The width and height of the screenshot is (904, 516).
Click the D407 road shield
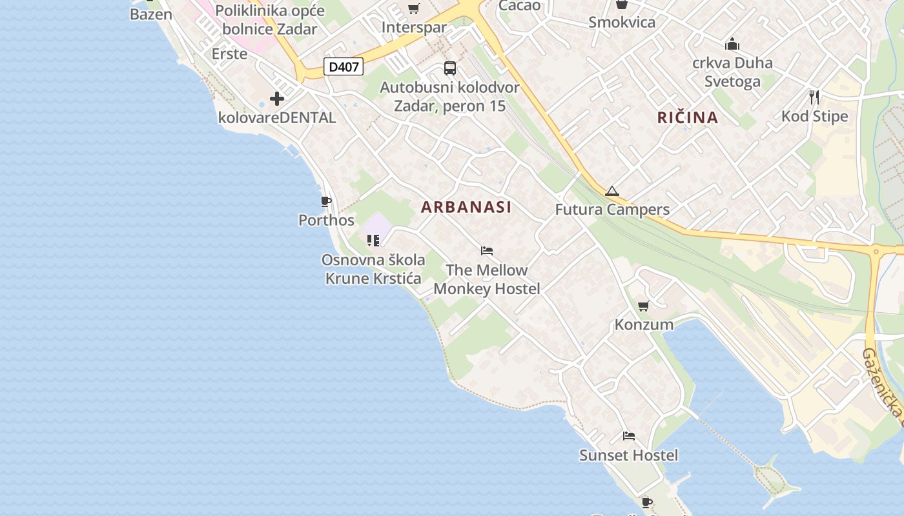[344, 66]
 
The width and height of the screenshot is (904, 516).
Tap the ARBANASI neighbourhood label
[466, 207]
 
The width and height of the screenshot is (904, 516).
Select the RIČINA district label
[688, 117]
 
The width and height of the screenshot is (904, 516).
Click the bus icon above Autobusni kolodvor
[450, 68]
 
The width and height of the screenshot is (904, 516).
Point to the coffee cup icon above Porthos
[326, 202]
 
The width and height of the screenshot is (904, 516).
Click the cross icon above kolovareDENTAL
[277, 99]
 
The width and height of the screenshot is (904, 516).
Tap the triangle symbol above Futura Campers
[612, 191]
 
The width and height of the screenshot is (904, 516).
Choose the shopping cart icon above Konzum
[643, 306]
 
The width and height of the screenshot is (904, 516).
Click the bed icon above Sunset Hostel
[629, 436]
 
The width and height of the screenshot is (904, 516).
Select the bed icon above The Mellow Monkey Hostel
[487, 251]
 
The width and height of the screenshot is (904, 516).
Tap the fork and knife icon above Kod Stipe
[814, 97]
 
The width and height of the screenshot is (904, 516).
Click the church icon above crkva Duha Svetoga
[732, 44]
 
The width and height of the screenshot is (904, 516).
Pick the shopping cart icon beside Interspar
[414, 9]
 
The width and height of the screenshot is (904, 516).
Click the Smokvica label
[622, 23]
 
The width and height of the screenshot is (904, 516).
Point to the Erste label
[229, 54]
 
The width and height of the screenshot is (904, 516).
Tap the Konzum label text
[644, 324]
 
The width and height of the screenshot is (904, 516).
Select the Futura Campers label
[612, 210]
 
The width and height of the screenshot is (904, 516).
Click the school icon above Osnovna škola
[373, 241]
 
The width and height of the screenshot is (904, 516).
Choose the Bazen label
[151, 14]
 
